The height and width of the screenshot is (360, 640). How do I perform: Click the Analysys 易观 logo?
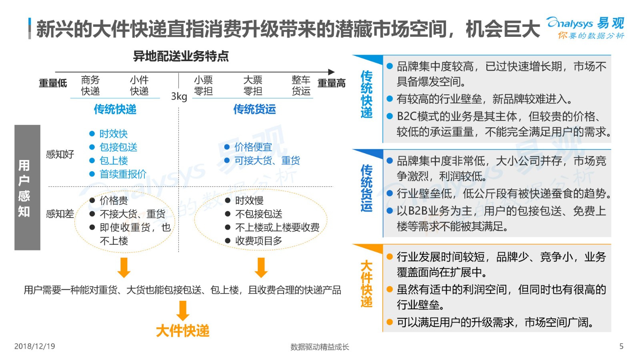click(x=585, y=28)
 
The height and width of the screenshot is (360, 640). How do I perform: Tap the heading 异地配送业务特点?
click(x=181, y=56)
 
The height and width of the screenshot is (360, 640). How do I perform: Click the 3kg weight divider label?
click(x=179, y=96)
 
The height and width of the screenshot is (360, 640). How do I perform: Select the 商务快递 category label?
click(x=90, y=86)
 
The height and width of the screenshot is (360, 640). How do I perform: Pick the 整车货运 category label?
click(x=301, y=86)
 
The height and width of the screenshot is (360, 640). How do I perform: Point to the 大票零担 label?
click(x=253, y=86)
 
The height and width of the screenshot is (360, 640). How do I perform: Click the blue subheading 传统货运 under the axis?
click(x=254, y=109)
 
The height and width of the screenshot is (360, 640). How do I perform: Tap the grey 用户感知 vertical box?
click(x=27, y=187)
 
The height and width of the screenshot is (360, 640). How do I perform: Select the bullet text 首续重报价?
click(x=123, y=174)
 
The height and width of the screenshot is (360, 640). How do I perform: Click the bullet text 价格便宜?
click(x=253, y=147)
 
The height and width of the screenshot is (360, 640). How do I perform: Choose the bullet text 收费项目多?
click(x=258, y=241)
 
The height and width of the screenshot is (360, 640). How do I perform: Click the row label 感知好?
click(x=60, y=154)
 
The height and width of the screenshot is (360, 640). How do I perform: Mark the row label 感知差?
click(x=60, y=214)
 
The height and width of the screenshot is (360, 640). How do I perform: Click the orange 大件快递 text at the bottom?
click(x=182, y=331)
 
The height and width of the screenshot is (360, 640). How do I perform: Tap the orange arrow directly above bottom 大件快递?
click(x=183, y=310)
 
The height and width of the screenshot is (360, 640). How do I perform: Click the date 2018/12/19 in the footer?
click(x=35, y=346)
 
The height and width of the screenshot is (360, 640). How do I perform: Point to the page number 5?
click(x=621, y=346)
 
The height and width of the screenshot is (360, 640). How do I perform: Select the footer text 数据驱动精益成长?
click(x=320, y=347)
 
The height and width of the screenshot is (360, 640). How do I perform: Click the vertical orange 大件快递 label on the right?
click(x=366, y=284)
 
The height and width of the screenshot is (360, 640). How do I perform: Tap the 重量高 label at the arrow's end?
click(x=331, y=83)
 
